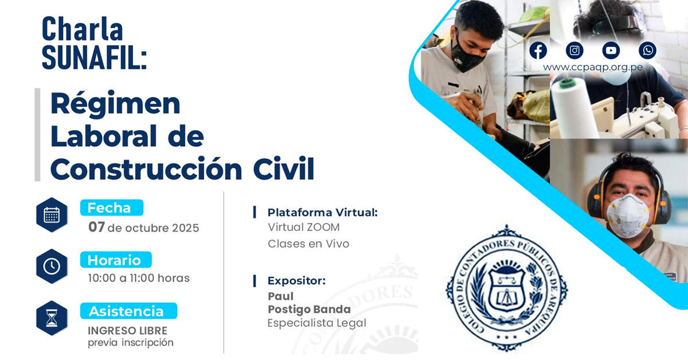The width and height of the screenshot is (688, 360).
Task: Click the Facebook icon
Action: pyautogui.click(x=538, y=50)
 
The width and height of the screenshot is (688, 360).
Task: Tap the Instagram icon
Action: pyautogui.click(x=574, y=50)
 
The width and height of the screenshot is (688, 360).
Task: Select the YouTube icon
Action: pyautogui.click(x=611, y=50)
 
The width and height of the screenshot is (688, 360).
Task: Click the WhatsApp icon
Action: pyautogui.click(x=647, y=50)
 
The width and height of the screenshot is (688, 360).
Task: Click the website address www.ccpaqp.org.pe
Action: pyautogui.click(x=592, y=67)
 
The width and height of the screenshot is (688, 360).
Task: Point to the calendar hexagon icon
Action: pyautogui.click(x=52, y=215)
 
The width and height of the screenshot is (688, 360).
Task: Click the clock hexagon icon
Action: pyautogui.click(x=52, y=267)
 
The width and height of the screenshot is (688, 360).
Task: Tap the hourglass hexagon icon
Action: pyautogui.click(x=52, y=318)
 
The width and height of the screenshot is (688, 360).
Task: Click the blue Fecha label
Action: pyautogui.click(x=112, y=208)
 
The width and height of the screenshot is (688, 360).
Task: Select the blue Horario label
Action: pyautogui.click(x=116, y=260)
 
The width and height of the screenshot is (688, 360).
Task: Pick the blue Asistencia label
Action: pyautogui.click(x=128, y=311)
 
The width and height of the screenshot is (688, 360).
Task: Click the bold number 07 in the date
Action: pyautogui.click(x=96, y=228)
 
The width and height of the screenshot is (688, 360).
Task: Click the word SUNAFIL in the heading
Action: pyautogui.click(x=94, y=58)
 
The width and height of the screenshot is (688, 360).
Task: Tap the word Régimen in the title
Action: pyautogui.click(x=115, y=103)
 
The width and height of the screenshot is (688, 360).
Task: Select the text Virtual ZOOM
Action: pyautogui.click(x=304, y=228)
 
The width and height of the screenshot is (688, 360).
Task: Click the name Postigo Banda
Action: pyautogui.click(x=309, y=310)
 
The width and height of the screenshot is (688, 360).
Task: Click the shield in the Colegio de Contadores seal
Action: pyautogui.click(x=506, y=289)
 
